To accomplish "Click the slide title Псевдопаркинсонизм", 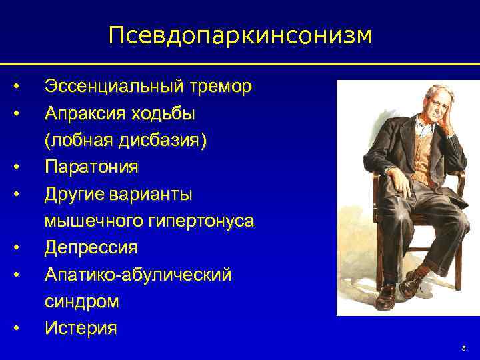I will pyautogui.click(x=240, y=35).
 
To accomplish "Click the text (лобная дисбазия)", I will pyautogui.click(x=126, y=140).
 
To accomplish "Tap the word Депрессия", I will pyautogui.click(x=91, y=247).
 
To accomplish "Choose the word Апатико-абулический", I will pyautogui.click(x=138, y=274).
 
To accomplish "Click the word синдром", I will pyautogui.click(x=82, y=301).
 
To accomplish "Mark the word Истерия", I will pyautogui.click(x=81, y=328).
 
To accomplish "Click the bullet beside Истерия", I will pyautogui.click(x=16, y=328).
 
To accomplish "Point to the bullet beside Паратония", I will pyautogui.click(x=16, y=167).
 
